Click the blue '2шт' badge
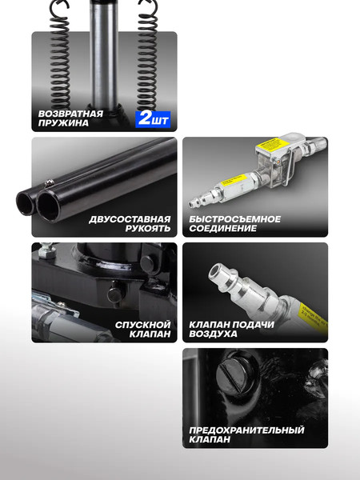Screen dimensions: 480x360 click(153, 118)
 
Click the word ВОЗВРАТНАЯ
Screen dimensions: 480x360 click(70, 114)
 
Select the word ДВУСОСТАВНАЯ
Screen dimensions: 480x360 click(130, 218)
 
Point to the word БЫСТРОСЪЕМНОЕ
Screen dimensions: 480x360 click(235, 218)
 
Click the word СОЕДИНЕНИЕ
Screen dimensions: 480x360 click(223, 229)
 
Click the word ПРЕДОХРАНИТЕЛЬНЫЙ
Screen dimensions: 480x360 click(246, 430)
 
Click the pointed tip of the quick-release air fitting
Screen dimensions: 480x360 click(190, 199)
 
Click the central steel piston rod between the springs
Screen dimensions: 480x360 click(106, 56)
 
